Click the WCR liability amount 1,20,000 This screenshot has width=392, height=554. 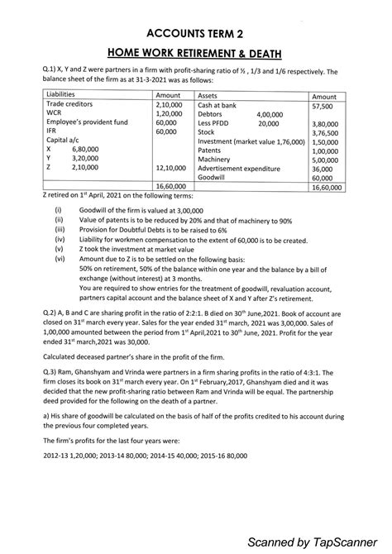tap(168, 114)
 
